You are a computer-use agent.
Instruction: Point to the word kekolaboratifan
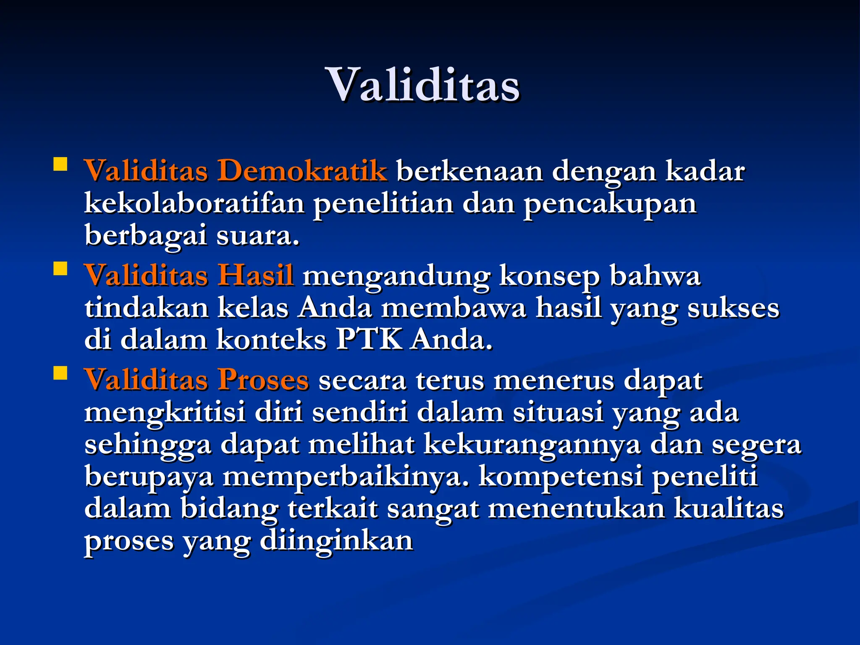click(194, 203)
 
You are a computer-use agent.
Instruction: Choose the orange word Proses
click(263, 380)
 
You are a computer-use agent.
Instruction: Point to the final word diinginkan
click(336, 540)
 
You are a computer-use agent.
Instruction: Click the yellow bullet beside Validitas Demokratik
click(60, 164)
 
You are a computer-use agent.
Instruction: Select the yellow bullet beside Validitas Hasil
click(60, 268)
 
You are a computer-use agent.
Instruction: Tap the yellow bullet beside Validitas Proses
click(60, 373)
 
